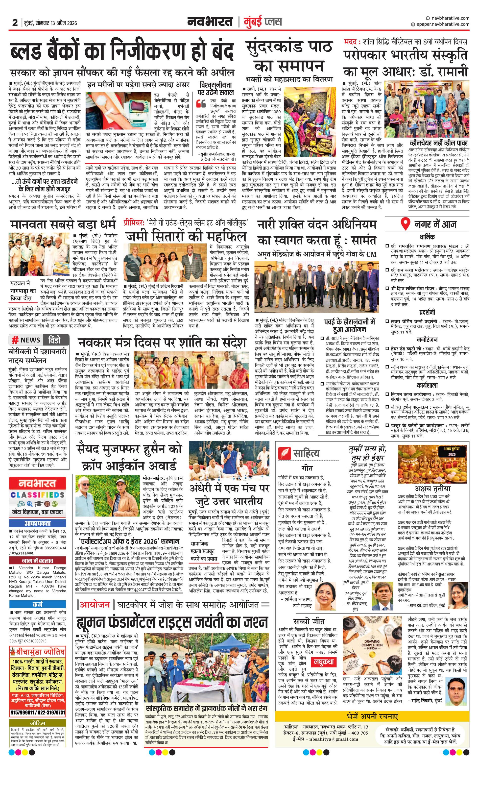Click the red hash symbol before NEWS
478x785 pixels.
[15, 340]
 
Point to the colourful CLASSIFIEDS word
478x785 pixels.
[38, 495]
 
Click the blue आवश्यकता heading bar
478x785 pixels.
[38, 523]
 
